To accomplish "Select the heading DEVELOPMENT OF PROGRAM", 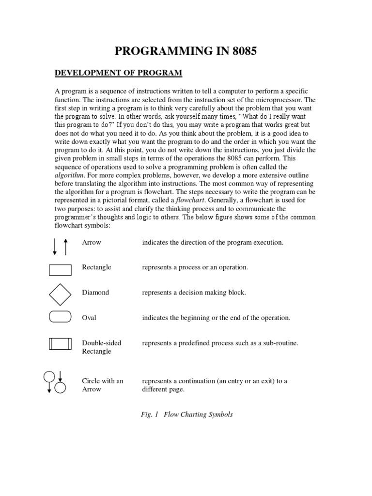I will pos(118,73).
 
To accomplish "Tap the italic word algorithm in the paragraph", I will pos(69,175).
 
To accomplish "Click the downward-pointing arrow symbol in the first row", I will pos(55,246).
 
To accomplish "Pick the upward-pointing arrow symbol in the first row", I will pos(65,246).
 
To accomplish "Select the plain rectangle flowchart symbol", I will pos(60,269).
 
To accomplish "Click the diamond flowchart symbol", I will pos(60,293).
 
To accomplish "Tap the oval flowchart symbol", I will pos(60,317).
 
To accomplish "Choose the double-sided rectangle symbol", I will pos(60,344).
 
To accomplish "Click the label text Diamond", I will pos(95,293).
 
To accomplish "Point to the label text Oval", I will pos(89,318).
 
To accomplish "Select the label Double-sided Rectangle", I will pos(101,347).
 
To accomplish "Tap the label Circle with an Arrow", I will pos(102,385).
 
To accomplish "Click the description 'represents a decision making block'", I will pos(194,293).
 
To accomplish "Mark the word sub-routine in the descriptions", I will pos(279,343).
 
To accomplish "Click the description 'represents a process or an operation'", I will pos(195,267).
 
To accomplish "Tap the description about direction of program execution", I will pos(212,242).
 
